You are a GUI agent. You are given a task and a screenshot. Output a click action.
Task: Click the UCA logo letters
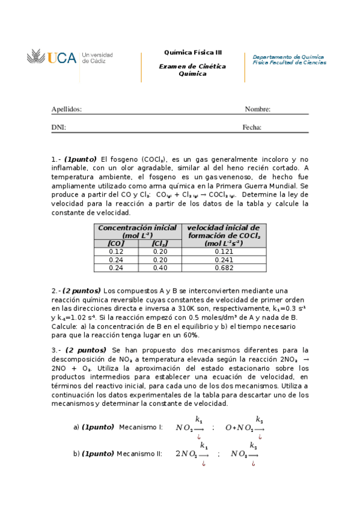62,58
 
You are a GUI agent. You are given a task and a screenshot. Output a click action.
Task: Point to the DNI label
58,127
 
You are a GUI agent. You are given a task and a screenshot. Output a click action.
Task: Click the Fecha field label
252,127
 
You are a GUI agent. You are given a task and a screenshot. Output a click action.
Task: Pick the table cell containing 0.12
116,251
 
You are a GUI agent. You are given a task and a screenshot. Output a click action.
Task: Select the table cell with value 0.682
224,267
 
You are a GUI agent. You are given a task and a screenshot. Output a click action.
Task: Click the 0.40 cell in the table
160,267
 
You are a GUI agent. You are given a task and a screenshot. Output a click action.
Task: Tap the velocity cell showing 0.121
224,251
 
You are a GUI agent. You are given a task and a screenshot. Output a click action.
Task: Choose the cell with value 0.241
224,259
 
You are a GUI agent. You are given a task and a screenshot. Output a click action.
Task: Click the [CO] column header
116,244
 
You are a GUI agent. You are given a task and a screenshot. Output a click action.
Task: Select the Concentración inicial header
137,228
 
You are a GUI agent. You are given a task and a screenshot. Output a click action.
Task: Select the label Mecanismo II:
139,454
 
